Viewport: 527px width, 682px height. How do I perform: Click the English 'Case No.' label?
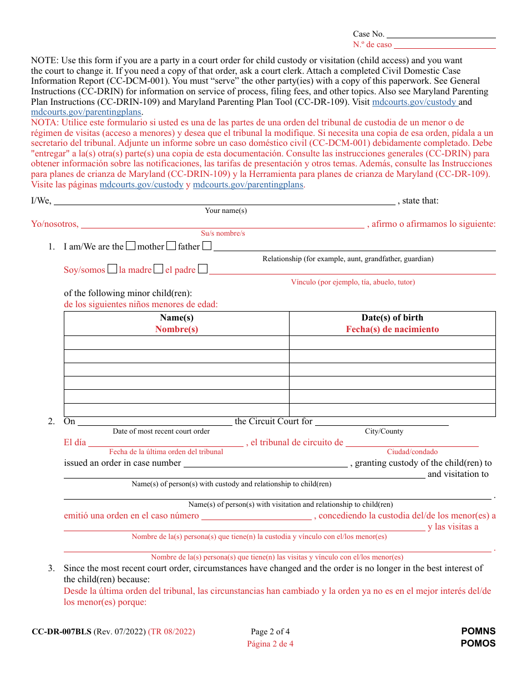tap(368, 34)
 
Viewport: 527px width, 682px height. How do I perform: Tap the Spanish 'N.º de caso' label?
tap(372, 45)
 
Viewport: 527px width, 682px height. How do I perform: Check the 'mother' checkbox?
tap(130, 246)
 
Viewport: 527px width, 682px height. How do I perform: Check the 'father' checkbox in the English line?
tap(171, 246)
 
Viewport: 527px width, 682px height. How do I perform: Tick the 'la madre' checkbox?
tap(112, 269)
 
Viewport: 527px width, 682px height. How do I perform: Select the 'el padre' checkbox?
tap(158, 269)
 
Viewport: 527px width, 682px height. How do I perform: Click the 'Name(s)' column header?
tap(176, 318)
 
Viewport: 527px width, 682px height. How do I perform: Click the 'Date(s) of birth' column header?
tap(392, 318)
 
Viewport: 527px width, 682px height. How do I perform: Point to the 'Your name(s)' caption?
tap(226, 211)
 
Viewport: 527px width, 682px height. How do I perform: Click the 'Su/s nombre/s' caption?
tap(222, 233)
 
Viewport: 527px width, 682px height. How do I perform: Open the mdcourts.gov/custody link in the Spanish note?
tap(141, 185)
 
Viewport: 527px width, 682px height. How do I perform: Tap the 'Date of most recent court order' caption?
tap(161, 431)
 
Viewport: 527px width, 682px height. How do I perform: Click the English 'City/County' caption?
tap(384, 431)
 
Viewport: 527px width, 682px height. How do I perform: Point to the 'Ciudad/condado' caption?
tap(412, 452)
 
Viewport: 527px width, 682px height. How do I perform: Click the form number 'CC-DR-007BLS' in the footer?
tap(62, 632)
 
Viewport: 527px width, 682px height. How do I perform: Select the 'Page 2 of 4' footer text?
tap(270, 632)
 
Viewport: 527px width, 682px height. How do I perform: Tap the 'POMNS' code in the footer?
tap(478, 632)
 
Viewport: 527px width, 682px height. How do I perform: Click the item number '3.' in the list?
tap(52, 568)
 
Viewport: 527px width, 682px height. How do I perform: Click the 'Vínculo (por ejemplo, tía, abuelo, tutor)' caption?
tap(353, 282)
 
